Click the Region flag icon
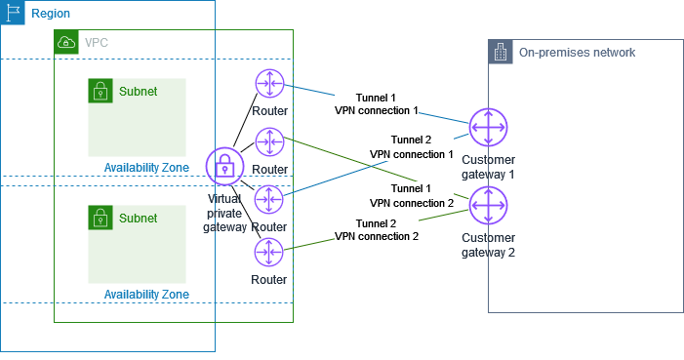tap(13, 13)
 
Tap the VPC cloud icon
tap(65, 42)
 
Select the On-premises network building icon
tap(501, 53)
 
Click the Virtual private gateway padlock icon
tap(225, 166)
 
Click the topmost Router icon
tap(267, 85)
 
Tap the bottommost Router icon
tap(267, 253)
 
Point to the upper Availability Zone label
tap(146, 168)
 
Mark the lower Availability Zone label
tap(146, 294)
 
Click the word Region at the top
tap(50, 14)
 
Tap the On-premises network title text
tap(577, 53)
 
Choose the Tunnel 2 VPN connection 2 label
tap(376, 230)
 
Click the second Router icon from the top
tap(267, 142)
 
